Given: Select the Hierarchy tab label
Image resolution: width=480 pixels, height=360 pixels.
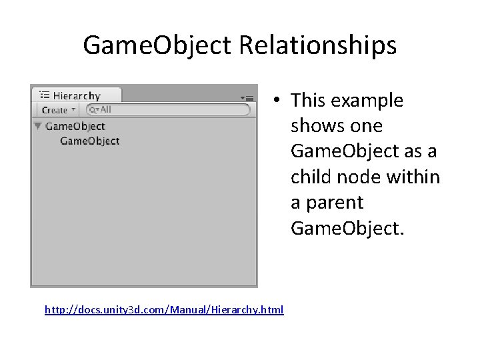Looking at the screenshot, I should (76, 96).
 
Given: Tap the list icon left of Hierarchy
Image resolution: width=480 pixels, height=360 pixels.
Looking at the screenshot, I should (45, 96).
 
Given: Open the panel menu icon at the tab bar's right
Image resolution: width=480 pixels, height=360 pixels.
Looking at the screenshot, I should (247, 97).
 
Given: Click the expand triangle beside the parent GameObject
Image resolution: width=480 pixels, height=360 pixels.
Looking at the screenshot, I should (38, 126).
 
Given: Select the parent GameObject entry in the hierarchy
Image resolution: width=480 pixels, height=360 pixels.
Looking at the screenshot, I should (75, 126).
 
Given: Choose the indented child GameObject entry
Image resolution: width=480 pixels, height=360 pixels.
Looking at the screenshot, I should (89, 141).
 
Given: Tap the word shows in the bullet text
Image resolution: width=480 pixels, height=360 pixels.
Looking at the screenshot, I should (312, 126).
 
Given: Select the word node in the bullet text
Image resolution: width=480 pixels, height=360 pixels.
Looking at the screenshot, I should (359, 177).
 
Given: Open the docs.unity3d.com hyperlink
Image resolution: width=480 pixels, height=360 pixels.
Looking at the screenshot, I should (164, 309).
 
